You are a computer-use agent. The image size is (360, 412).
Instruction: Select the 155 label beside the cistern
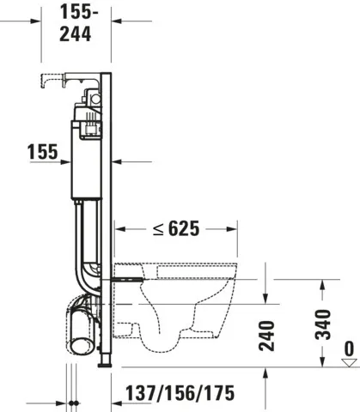(x=42, y=152)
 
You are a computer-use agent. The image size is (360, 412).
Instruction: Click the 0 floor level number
(x=348, y=348)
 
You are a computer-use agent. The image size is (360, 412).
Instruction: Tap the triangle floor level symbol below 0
(x=348, y=362)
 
